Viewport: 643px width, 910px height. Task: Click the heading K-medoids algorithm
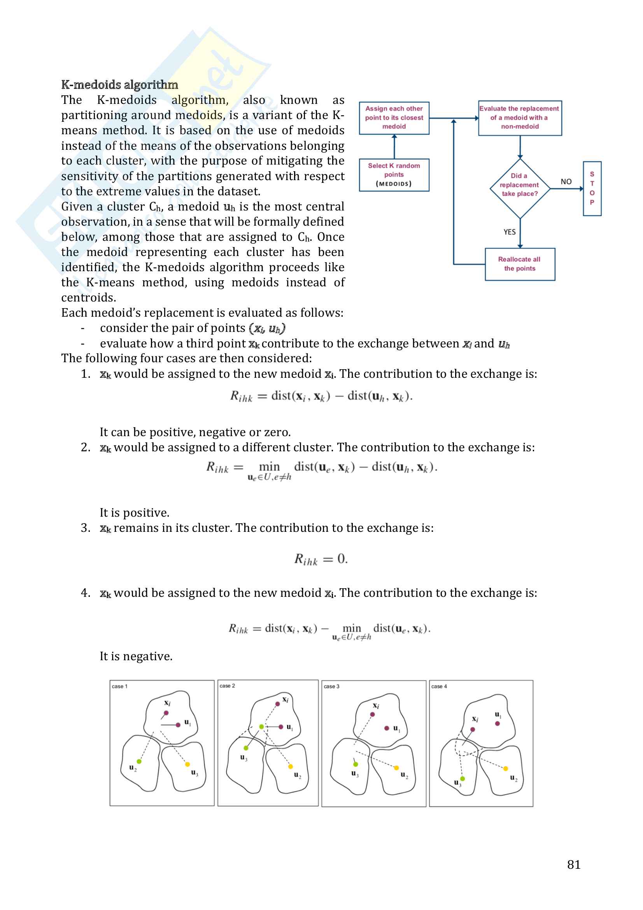119,84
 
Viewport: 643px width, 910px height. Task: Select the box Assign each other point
394,118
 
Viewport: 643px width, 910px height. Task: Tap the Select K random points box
394,175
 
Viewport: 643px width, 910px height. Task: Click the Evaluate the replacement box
519,118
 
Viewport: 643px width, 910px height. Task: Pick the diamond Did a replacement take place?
519,189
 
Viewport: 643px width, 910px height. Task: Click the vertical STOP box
592,189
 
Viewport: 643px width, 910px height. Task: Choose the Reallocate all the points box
519,264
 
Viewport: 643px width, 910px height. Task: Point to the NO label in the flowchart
566,182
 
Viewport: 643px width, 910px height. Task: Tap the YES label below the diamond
510,232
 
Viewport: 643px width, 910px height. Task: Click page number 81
574,864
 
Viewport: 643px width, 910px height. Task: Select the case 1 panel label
120,686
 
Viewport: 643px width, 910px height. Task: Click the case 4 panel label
439,686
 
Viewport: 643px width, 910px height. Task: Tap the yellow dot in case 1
187,764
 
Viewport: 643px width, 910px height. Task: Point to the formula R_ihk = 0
321,559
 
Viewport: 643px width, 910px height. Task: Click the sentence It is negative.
136,656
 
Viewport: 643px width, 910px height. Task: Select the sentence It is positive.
134,513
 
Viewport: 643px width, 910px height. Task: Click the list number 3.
85,528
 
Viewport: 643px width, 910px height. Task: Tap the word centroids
88,298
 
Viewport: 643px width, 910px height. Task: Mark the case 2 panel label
228,686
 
